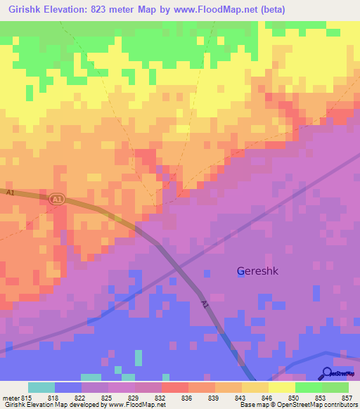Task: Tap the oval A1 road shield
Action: [58, 200]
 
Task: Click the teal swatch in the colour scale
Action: [41, 387]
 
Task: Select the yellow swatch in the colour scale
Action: [282, 387]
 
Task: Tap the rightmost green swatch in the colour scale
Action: [335, 387]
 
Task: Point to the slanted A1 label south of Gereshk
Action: [205, 306]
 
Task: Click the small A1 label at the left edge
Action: [10, 192]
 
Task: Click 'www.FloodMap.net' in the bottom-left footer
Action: [137, 405]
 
